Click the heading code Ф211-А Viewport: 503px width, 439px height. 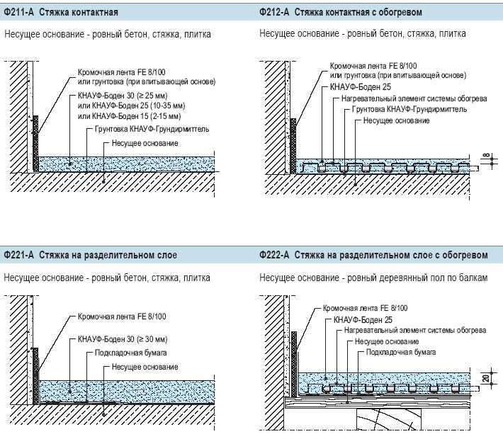tap(18, 12)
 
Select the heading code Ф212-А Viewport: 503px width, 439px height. tap(274, 12)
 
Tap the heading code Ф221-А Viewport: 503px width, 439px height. tap(18, 255)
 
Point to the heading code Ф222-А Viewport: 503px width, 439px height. tap(274, 255)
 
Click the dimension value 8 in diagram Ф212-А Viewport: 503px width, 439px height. tap(487, 156)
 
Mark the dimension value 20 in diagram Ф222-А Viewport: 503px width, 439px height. tap(486, 378)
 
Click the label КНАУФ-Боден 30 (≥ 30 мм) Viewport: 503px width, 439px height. tap(123, 339)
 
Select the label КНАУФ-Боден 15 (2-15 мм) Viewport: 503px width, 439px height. tap(129, 115)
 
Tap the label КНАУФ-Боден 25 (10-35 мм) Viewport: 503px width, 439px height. tap(132, 106)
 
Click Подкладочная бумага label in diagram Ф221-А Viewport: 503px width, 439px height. tap(131, 353)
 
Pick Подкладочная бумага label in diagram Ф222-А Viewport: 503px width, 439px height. tap(401, 352)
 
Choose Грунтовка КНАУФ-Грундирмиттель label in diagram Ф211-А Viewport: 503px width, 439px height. tap(152, 129)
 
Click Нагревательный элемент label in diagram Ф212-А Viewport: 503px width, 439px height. tap(414, 98)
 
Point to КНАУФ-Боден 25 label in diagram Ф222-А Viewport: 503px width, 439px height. tap(363, 320)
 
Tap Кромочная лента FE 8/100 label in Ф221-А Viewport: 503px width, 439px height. tap(122, 317)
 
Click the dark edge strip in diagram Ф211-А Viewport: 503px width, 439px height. tap(35, 144)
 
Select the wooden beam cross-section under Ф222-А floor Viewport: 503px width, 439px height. tap(389, 419)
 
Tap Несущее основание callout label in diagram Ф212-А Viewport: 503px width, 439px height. tap(396, 120)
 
